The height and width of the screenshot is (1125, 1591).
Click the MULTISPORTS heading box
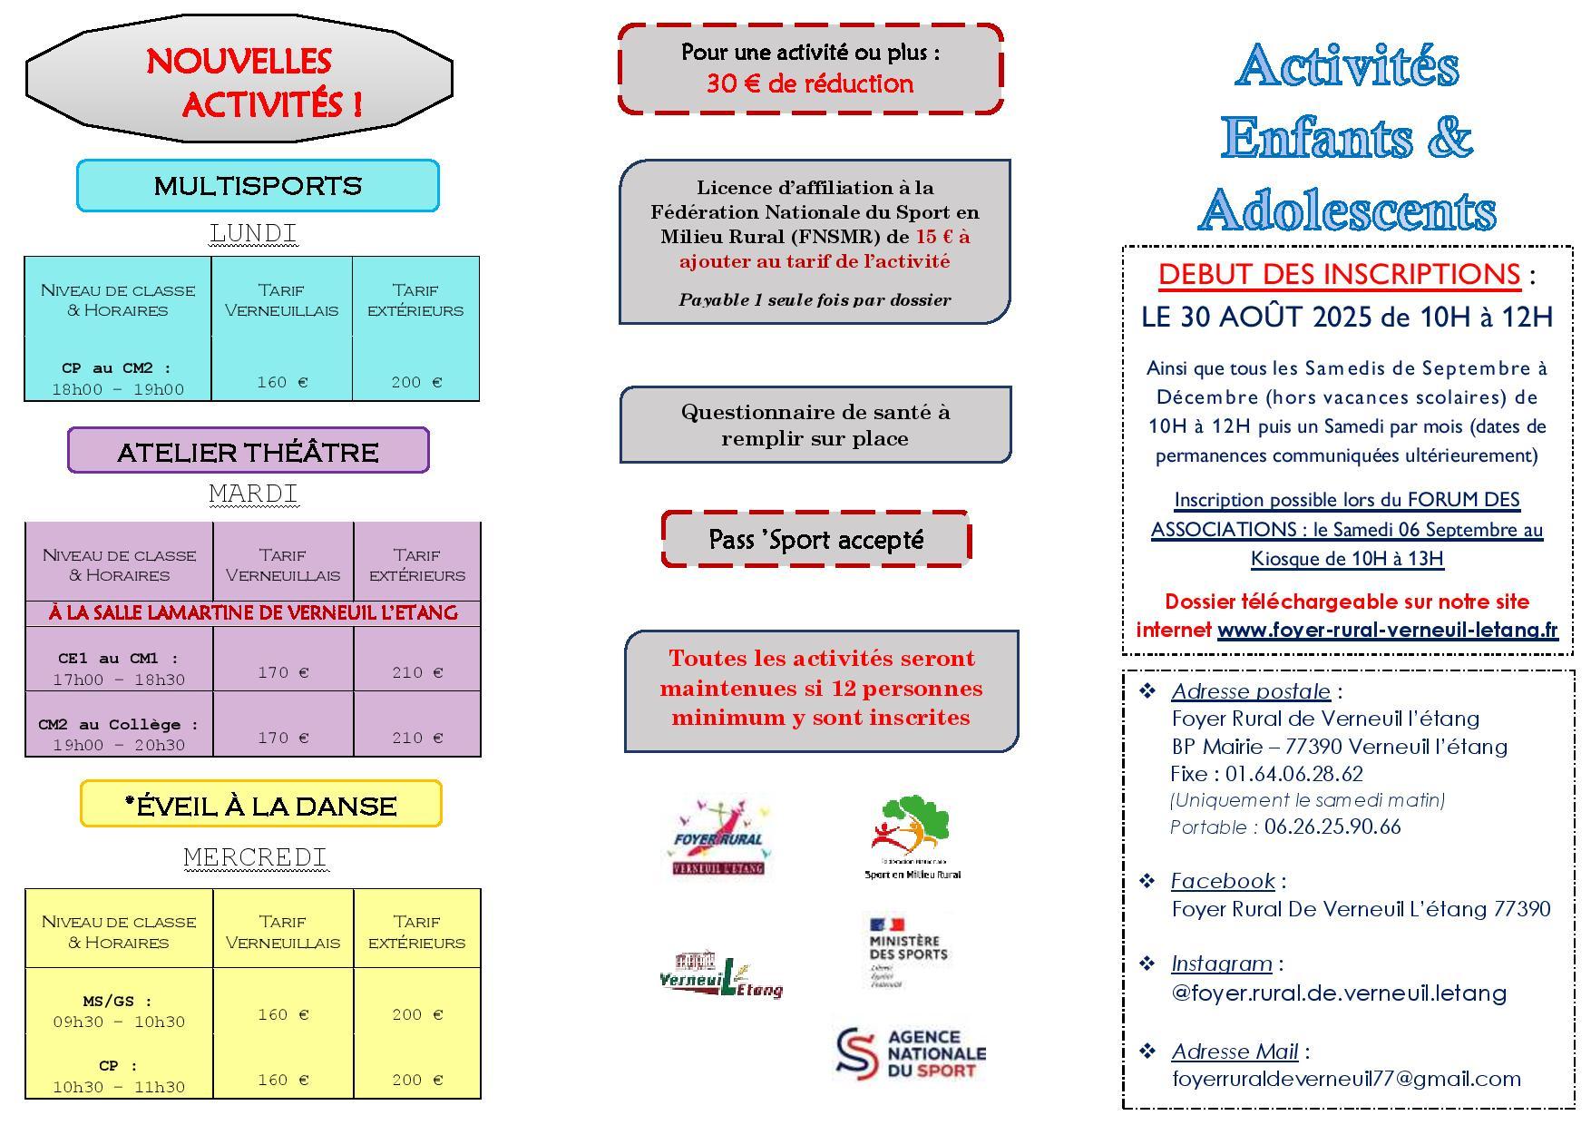click(x=258, y=186)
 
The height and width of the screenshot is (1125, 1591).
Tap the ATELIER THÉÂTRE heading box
click(x=248, y=451)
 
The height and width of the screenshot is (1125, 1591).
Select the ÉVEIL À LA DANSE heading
click(x=261, y=805)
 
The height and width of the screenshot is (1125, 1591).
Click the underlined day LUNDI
click(x=253, y=233)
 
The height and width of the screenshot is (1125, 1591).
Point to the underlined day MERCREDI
click(x=255, y=856)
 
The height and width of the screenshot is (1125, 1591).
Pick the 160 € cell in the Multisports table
click(x=282, y=382)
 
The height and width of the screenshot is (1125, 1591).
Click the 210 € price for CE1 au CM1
click(x=416, y=672)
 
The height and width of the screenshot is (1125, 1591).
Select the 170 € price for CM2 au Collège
click(x=283, y=738)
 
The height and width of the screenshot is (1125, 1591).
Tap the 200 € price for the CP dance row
click(x=417, y=1080)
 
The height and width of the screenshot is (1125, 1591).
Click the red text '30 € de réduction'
click(x=810, y=83)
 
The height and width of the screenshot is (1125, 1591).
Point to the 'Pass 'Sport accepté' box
click(x=815, y=540)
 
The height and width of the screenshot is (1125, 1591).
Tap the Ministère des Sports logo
click(x=907, y=951)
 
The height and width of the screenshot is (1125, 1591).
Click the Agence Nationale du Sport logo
click(x=910, y=1053)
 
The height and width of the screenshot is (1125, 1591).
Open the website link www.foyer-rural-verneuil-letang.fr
click(x=1387, y=630)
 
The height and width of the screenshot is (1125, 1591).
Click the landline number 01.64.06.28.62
click(x=1293, y=774)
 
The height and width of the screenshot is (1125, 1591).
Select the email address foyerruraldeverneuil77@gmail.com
click(x=1346, y=1079)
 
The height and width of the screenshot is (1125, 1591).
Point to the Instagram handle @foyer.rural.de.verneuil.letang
click(x=1339, y=993)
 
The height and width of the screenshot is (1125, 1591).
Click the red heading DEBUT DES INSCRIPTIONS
click(x=1339, y=274)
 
